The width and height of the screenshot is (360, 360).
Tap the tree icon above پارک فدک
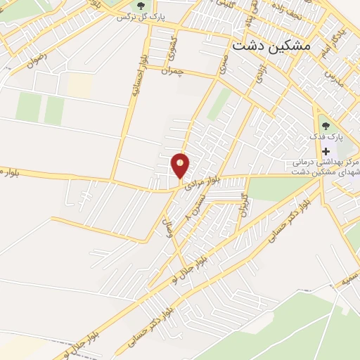[x=325, y=125]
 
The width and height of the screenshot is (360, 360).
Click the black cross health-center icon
[x=326, y=151]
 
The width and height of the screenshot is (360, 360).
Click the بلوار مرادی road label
[x=204, y=181]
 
